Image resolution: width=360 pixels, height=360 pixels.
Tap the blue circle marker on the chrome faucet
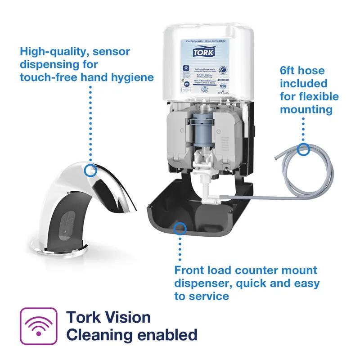coord(91,170)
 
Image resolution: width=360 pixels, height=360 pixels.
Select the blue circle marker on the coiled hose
coord(304,149)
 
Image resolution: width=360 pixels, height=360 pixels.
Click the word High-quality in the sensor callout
coord(54,51)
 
